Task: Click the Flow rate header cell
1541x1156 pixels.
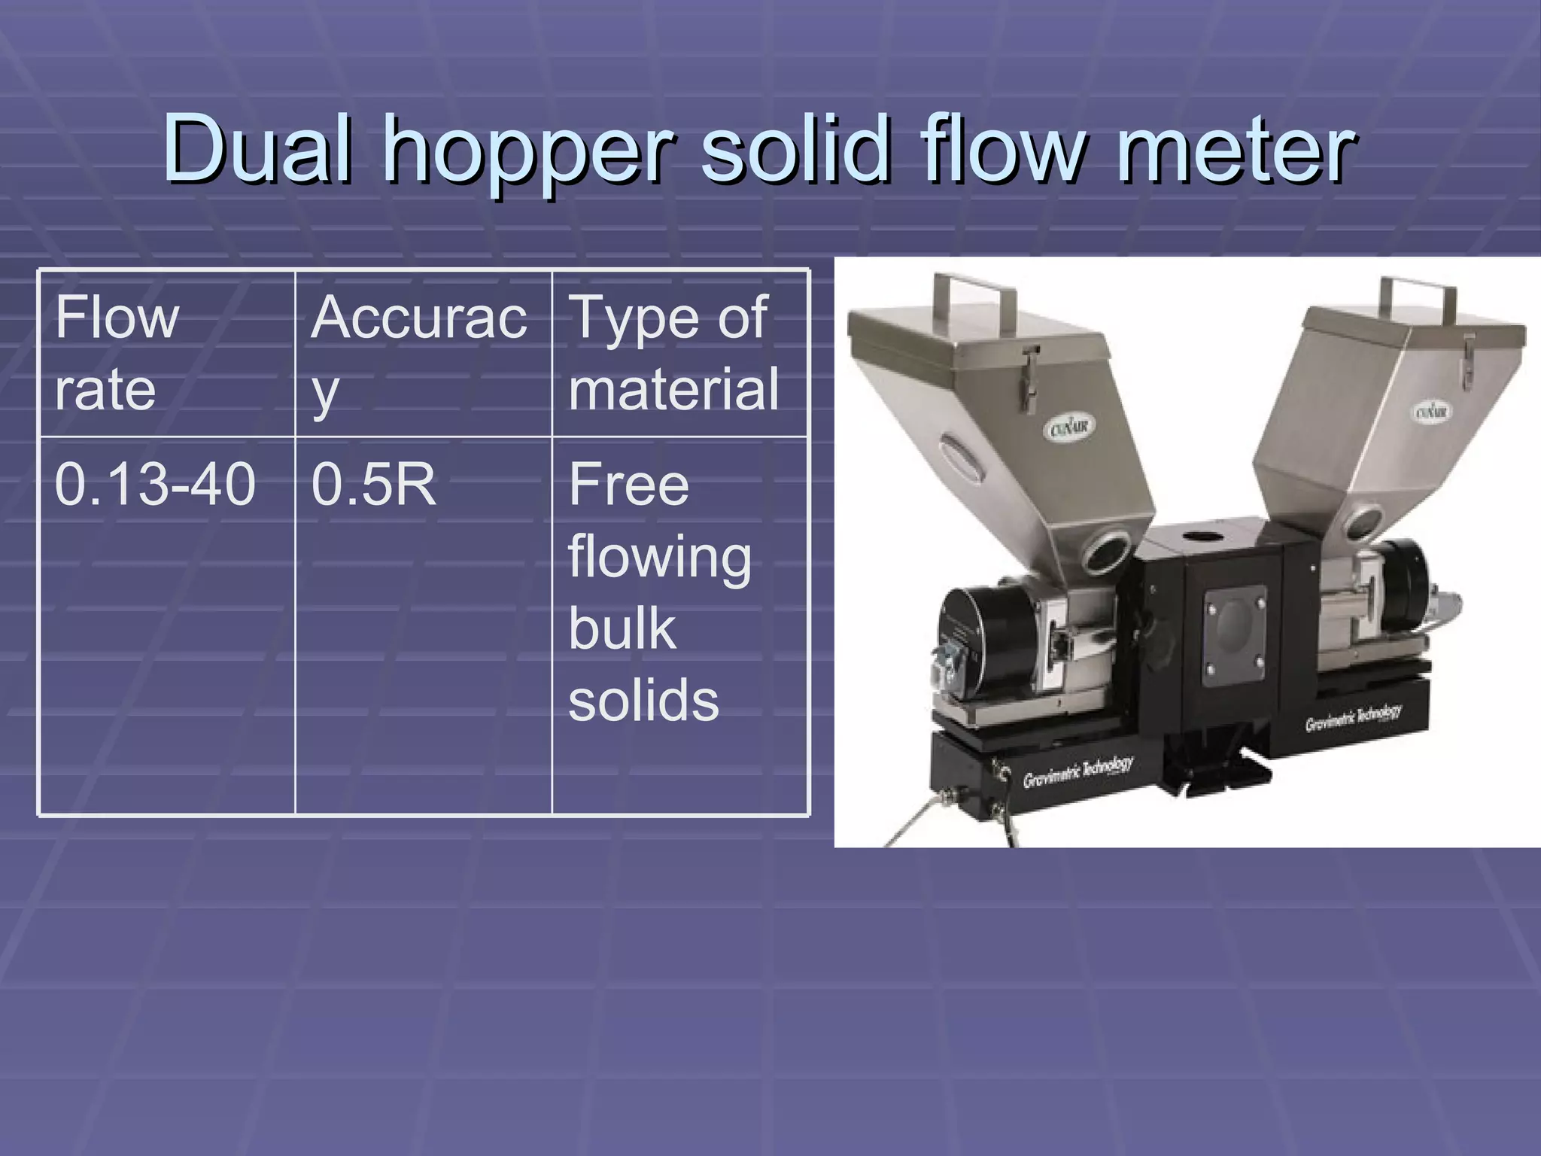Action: (117, 353)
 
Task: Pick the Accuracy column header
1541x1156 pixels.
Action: (418, 353)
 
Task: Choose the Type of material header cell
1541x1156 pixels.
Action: (673, 353)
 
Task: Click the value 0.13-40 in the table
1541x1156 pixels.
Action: (155, 484)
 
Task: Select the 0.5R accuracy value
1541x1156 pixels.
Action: (373, 484)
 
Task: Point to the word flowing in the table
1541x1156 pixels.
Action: (659, 558)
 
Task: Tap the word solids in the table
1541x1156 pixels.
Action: (643, 701)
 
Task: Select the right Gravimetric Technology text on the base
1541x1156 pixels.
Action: (1353, 718)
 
